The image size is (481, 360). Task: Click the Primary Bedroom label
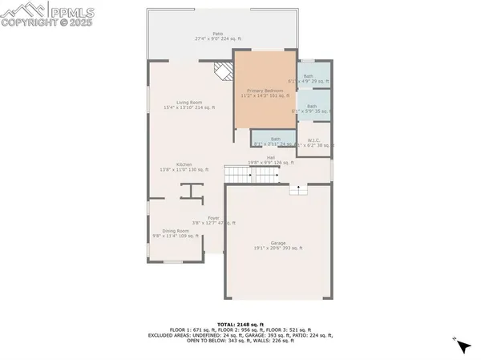pyautogui.click(x=265, y=94)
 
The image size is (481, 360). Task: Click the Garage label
pyautogui.click(x=277, y=245)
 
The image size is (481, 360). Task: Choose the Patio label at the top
pyautogui.click(x=217, y=36)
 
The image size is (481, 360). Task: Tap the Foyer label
pyautogui.click(x=213, y=220)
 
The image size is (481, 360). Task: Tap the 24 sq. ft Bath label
pyautogui.click(x=274, y=140)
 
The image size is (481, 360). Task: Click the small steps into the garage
pyautogui.click(x=298, y=189)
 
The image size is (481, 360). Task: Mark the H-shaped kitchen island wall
pyautogui.click(x=191, y=190)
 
